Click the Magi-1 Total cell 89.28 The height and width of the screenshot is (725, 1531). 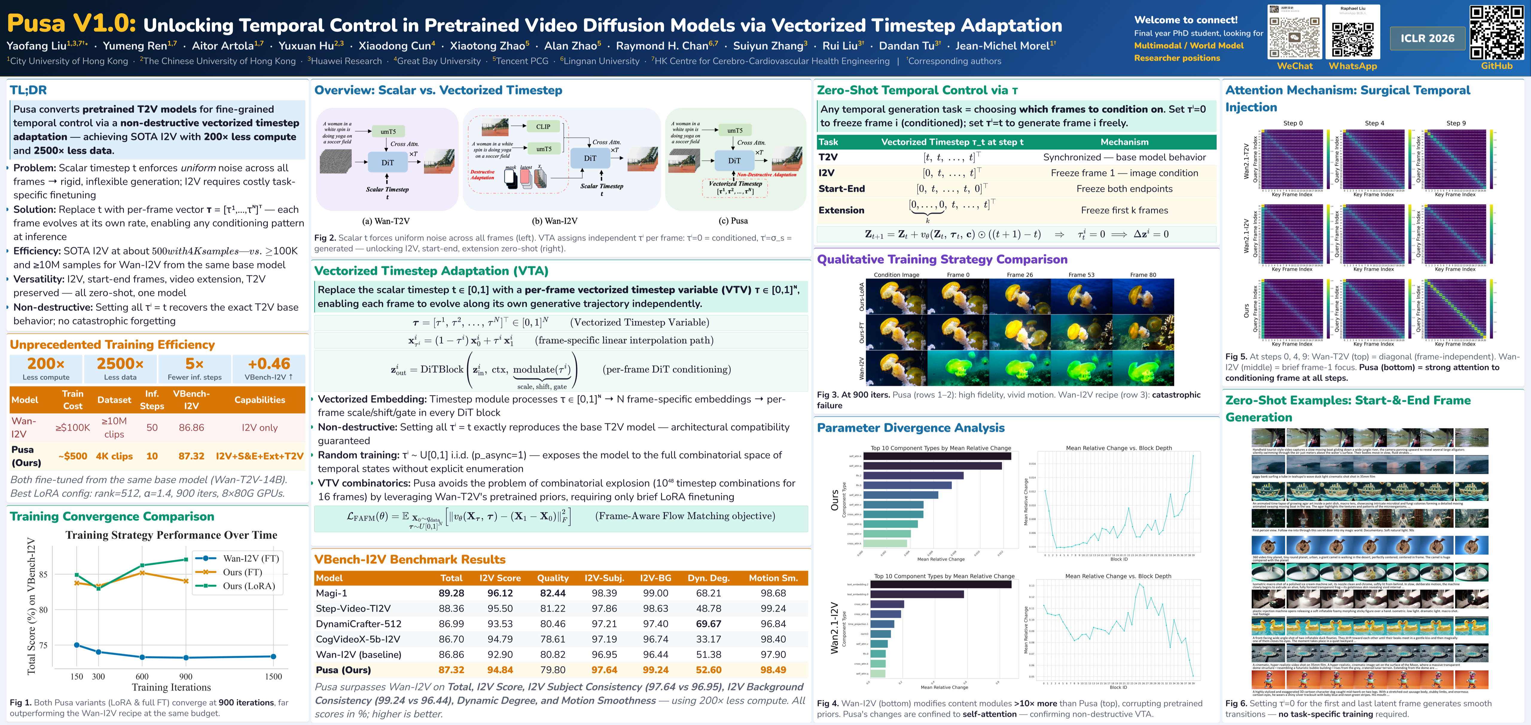coord(451,593)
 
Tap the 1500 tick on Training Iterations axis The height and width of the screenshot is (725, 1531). coord(273,676)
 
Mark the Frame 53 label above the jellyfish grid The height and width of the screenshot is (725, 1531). coord(1081,275)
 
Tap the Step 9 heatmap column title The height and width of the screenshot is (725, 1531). coord(1456,123)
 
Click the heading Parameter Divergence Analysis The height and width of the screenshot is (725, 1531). coord(911,428)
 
